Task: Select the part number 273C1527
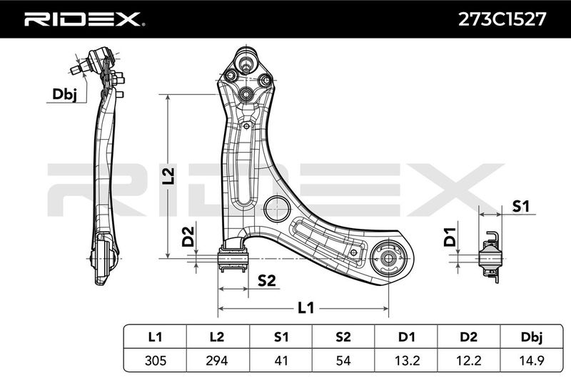click(x=502, y=19)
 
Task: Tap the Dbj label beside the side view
click(x=64, y=94)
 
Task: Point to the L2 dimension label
click(x=169, y=176)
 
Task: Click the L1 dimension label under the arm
click(x=306, y=308)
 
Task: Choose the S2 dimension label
click(x=266, y=281)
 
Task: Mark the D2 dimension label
click(x=188, y=237)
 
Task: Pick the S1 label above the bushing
click(x=521, y=206)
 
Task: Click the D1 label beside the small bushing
click(x=450, y=237)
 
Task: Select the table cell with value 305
click(x=156, y=360)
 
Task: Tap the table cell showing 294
click(x=217, y=360)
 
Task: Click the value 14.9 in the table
click(x=532, y=360)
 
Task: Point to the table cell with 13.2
click(x=407, y=360)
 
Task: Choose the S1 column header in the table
click(x=281, y=337)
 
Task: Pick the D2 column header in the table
click(x=469, y=337)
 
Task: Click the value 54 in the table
click(x=343, y=360)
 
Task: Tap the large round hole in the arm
click(x=277, y=209)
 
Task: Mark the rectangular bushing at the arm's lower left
click(x=233, y=259)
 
